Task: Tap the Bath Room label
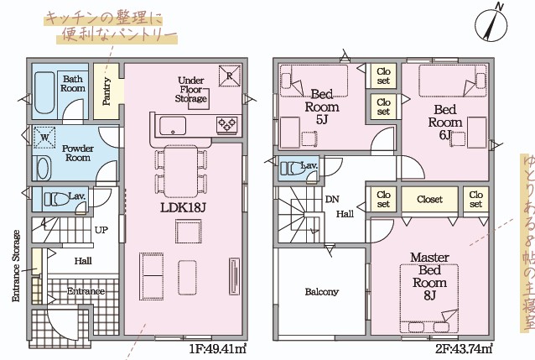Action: (x=74, y=83)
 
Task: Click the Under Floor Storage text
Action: (x=192, y=89)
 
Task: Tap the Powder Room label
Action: (x=78, y=153)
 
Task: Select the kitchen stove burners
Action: (x=227, y=125)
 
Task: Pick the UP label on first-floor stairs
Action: (x=101, y=229)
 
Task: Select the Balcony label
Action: (x=322, y=292)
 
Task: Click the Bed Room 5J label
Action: (x=322, y=107)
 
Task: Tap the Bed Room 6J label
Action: (x=445, y=122)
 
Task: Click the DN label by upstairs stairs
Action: (x=332, y=199)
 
